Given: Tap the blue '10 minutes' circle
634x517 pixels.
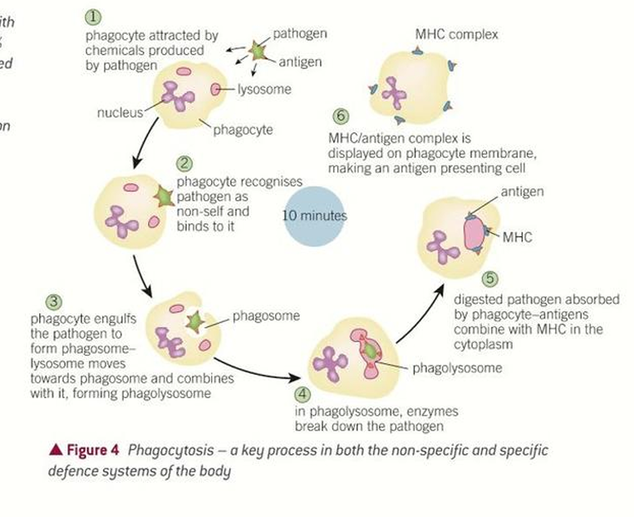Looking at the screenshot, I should pos(315,215).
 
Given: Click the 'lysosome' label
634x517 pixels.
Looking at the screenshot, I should pos(264,89).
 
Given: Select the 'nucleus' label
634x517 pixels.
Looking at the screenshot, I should pos(119,111).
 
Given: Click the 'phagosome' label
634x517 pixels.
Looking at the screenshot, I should pos(266,316).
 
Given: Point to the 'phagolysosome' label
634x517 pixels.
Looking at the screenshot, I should pos(451,367).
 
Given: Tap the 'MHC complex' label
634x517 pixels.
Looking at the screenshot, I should pos(456,35).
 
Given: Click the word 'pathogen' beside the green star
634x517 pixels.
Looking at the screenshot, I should pos(299,34).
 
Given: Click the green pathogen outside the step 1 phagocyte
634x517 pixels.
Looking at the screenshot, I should pos(258,52).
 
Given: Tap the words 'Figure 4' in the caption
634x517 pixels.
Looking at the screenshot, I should pos(91,450).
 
